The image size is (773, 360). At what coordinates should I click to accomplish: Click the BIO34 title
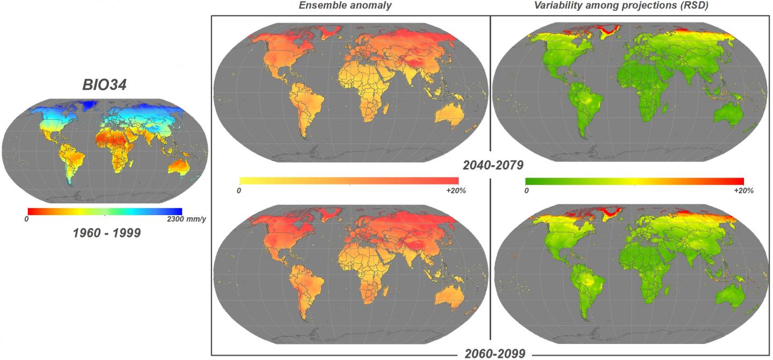point(104,84)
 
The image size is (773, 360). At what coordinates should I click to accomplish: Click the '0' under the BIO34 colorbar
point(27,219)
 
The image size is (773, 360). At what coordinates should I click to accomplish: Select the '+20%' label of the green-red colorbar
point(743,191)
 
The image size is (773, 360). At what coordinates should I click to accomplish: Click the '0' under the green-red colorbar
point(527,191)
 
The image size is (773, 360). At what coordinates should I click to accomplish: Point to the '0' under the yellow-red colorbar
point(239,191)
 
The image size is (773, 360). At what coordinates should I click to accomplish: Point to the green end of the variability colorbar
point(529,181)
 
